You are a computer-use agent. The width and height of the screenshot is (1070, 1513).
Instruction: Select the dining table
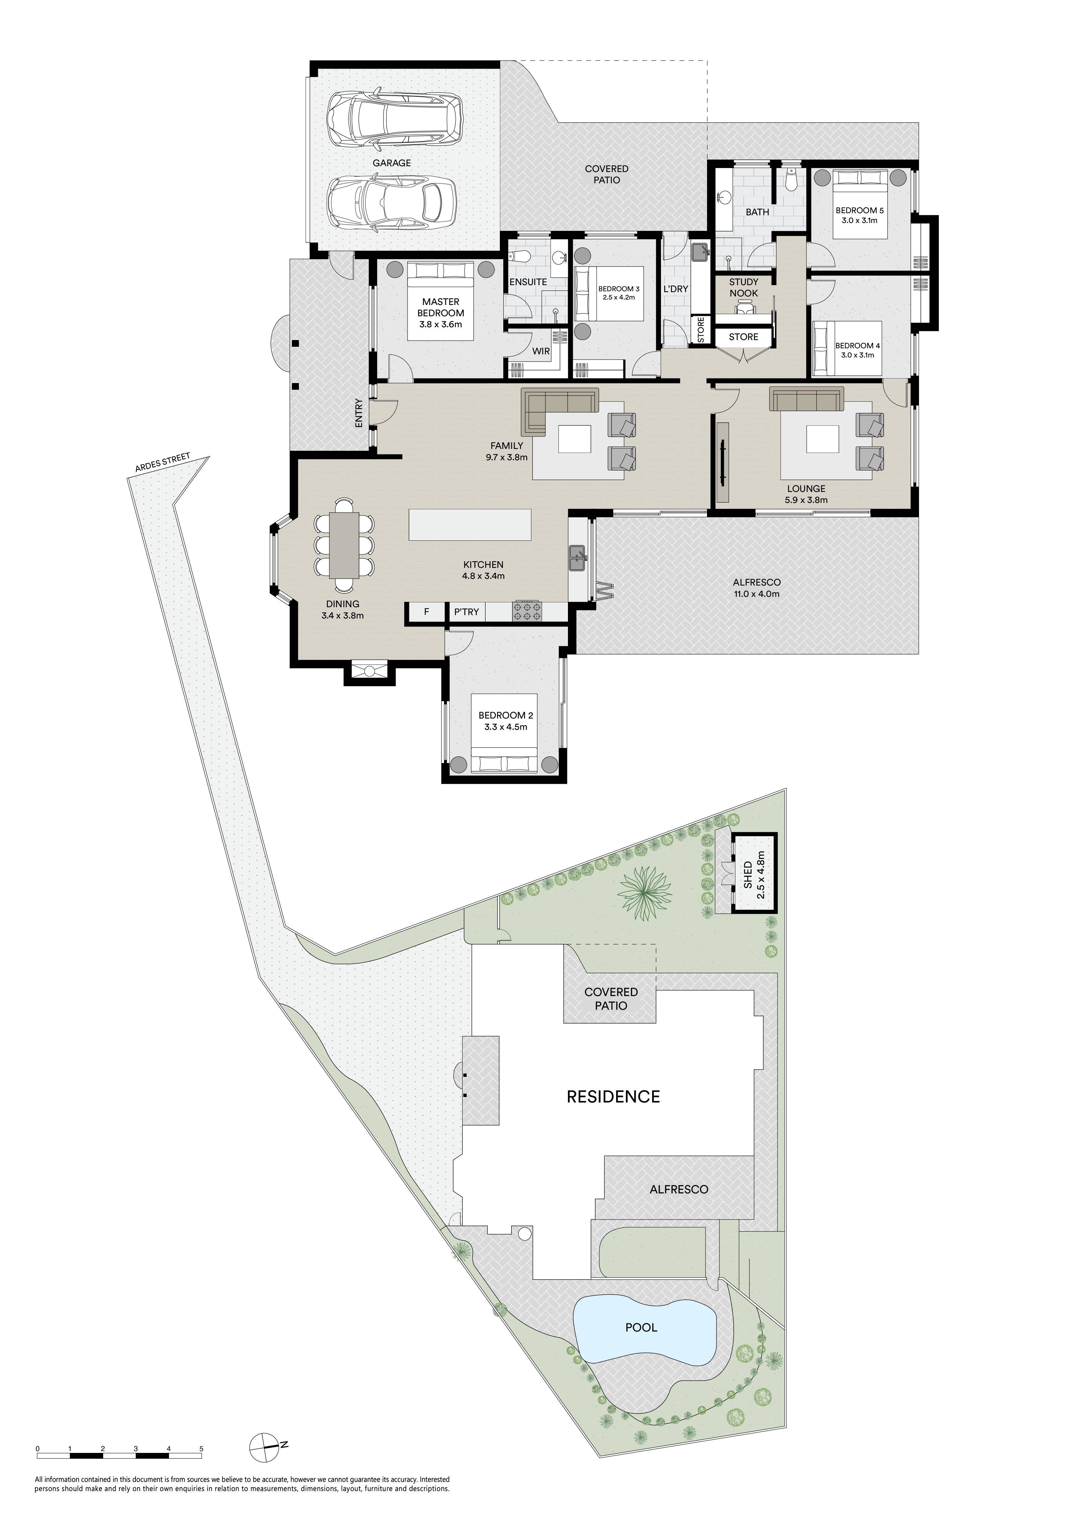coord(344,546)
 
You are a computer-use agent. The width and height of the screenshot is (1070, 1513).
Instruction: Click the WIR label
coord(541,351)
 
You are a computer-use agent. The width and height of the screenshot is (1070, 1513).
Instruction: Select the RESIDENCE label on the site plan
coord(613,1096)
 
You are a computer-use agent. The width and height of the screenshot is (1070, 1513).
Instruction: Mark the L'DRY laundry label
coord(676,289)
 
